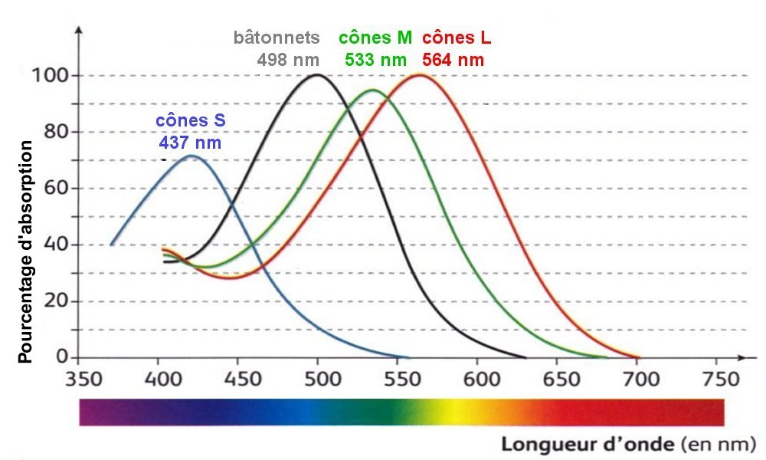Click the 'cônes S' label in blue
click(191, 121)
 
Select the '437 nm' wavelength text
click(191, 142)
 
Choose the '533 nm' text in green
click(375, 59)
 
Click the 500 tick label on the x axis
click(318, 379)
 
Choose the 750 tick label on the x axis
click(715, 379)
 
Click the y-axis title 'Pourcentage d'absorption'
click(25, 251)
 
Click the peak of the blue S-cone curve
click(191, 156)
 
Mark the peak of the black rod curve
click(317, 74)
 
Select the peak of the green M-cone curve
click(373, 90)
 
